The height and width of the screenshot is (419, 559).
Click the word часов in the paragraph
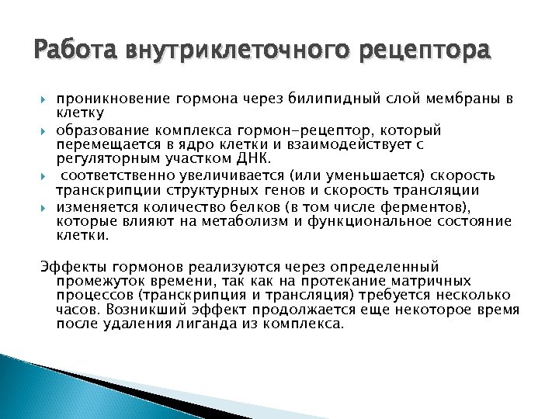(74, 310)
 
